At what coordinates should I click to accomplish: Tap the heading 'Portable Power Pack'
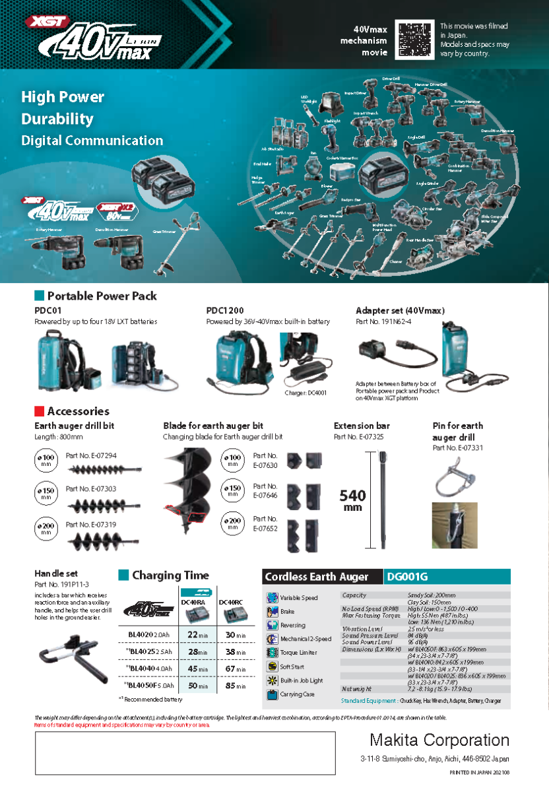102,296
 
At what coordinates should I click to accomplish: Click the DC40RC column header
231,603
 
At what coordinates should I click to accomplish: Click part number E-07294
91,455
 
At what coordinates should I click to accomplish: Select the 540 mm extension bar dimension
353,500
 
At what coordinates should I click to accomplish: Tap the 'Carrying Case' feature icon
273,694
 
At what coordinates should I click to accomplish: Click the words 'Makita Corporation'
439,740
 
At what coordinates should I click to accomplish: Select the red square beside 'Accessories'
39,411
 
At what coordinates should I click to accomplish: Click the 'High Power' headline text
63,97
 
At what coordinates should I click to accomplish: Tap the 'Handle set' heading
56,574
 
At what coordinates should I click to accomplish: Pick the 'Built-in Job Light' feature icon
273,680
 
